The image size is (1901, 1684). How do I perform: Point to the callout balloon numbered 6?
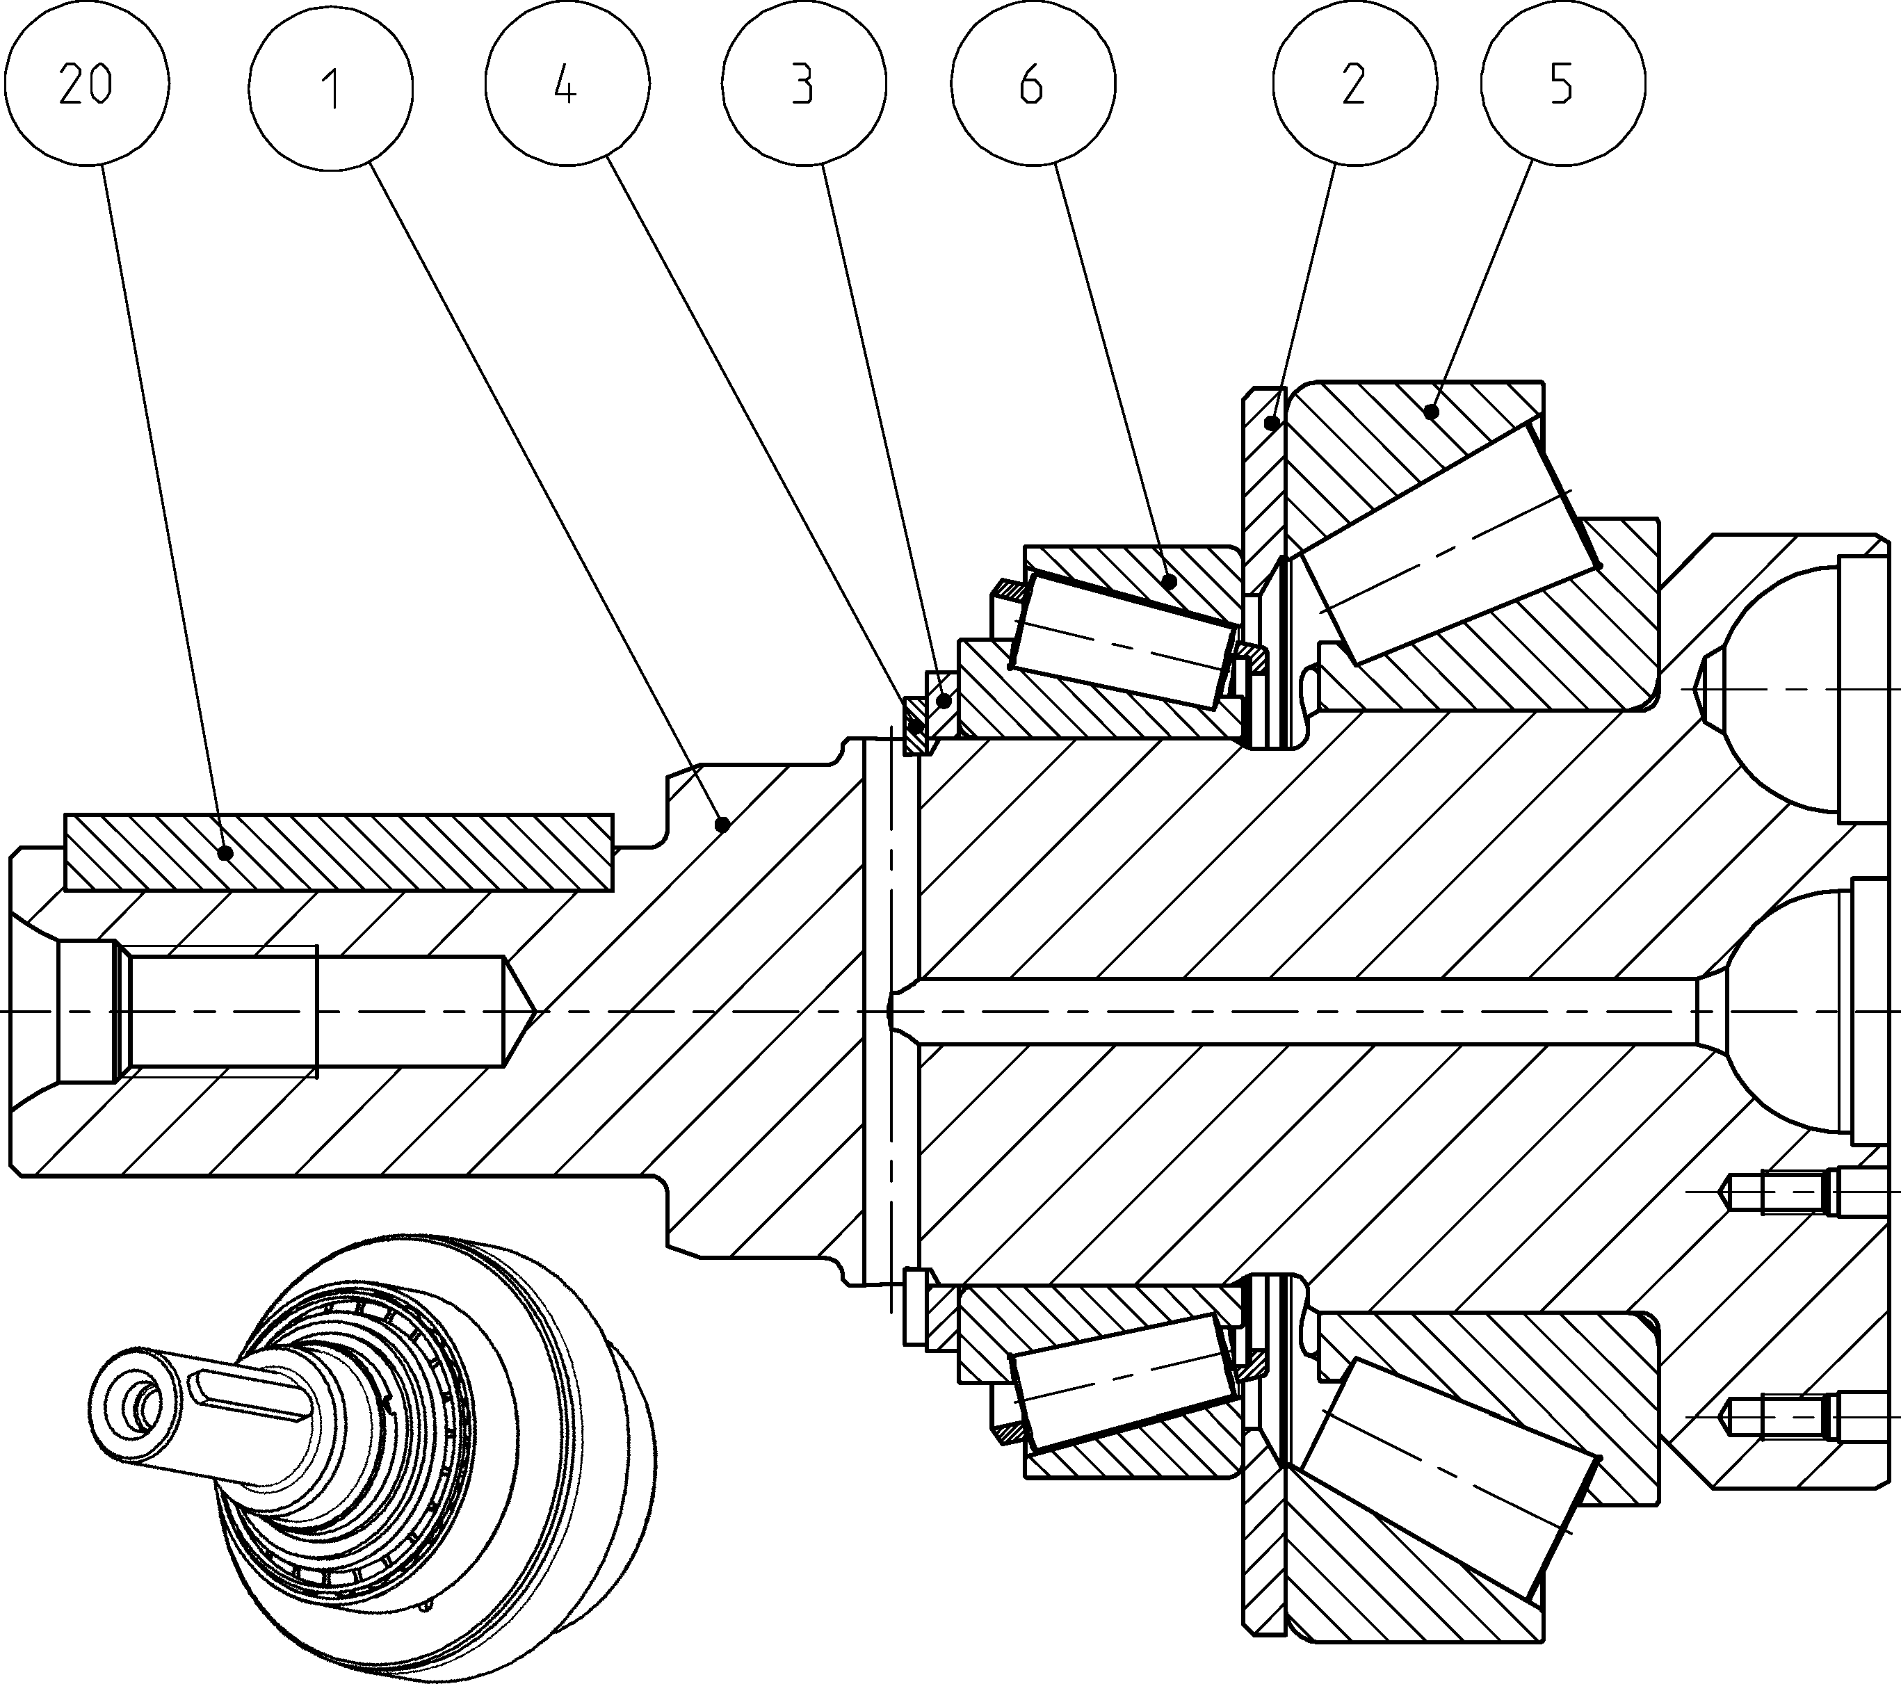point(1033,85)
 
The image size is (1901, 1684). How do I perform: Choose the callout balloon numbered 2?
point(1354,85)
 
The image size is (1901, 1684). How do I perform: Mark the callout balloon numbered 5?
point(1562,85)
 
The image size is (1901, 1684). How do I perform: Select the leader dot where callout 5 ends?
point(1433,410)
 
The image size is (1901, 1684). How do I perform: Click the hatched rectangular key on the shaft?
point(339,852)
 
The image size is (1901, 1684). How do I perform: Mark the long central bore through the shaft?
point(1302,1011)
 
